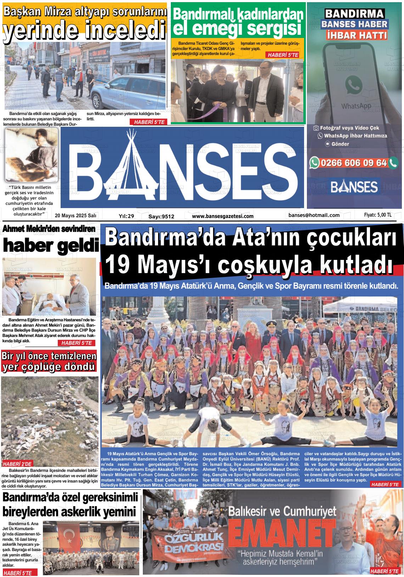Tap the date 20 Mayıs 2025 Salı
(x=75, y=216)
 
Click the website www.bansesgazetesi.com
(x=223, y=216)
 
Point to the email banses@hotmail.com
(x=314, y=215)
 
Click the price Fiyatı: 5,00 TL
(x=378, y=215)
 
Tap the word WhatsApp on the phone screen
(x=356, y=106)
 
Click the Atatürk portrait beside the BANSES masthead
(x=31, y=154)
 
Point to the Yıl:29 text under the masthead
(x=126, y=216)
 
